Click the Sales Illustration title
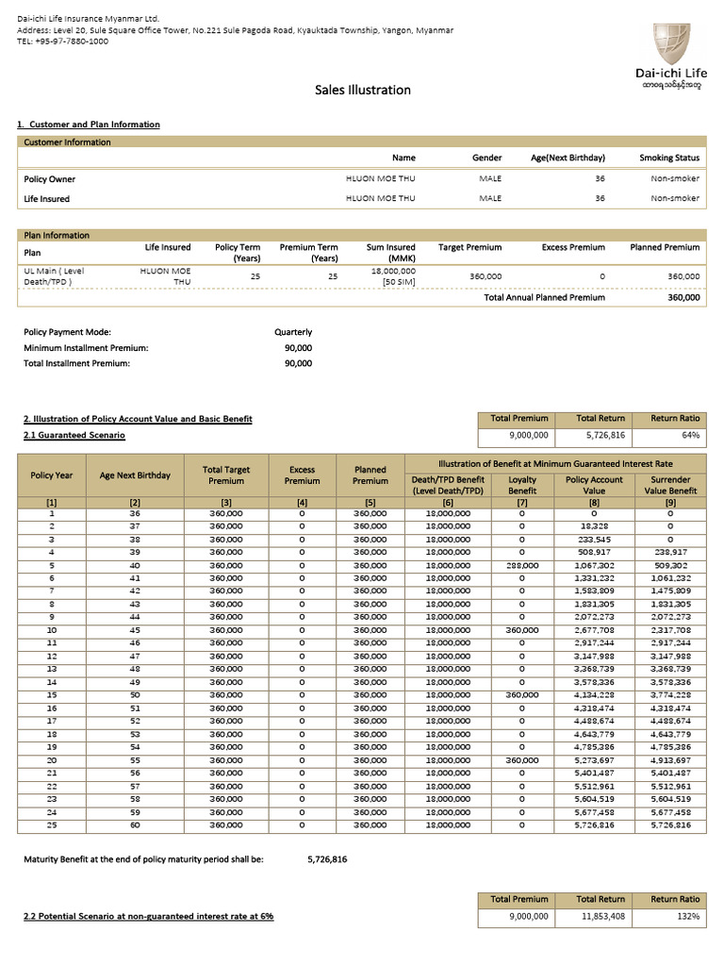362,90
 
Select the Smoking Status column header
669,158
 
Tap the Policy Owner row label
49,179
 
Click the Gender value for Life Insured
490,199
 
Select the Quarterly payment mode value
293,332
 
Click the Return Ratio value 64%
691,436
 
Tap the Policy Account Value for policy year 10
593,630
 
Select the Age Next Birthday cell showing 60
135,825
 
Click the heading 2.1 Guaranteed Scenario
74,436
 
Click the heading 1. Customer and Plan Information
89,125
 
